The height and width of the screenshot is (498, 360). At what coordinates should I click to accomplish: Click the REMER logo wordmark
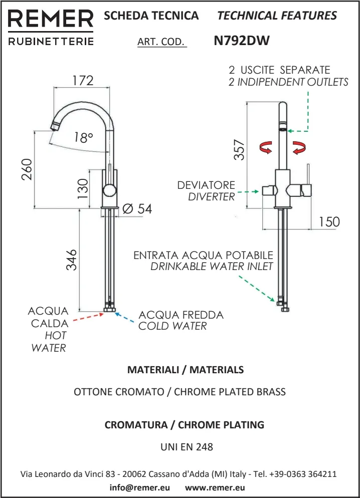tap(50, 20)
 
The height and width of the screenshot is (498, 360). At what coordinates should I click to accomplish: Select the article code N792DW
tap(242, 41)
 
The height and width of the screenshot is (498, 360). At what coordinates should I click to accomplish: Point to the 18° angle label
tap(83, 138)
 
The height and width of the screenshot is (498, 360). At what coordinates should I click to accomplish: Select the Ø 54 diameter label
tap(137, 209)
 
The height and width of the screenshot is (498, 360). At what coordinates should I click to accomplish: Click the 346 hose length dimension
tap(72, 260)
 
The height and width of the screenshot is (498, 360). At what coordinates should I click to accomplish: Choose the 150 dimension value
tap(329, 221)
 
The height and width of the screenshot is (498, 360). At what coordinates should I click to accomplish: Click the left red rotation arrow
tap(265, 147)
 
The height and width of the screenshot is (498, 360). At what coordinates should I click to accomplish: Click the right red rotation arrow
tap(299, 148)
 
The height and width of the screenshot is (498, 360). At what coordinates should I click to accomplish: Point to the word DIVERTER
tap(211, 197)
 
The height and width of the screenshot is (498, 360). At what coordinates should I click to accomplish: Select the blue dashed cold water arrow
tap(126, 319)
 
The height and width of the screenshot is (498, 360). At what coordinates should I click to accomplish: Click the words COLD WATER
tap(172, 326)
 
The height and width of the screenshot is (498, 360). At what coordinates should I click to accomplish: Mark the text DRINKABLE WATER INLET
tap(212, 267)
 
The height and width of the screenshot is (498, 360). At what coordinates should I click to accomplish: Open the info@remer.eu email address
tap(140, 487)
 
